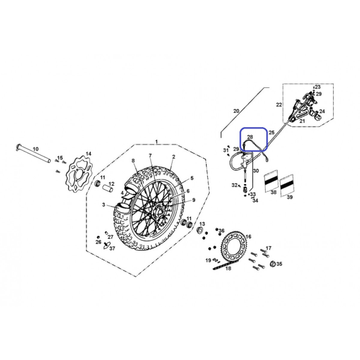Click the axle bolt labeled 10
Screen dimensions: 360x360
pos(33,153)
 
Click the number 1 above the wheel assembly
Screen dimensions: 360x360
pos(156,141)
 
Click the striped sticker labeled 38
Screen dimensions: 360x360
pos(271,181)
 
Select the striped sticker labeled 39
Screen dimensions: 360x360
pos(287,186)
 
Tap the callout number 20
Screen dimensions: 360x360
pos(236,111)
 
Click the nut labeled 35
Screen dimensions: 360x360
pos(273,264)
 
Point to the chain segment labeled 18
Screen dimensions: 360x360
pos(221,266)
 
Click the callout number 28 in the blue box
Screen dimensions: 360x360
pos(250,137)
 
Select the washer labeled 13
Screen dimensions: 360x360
pos(199,230)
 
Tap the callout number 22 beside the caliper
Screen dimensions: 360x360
pos(279,104)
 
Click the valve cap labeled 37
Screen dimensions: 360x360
pos(107,245)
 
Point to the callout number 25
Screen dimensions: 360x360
pos(272,133)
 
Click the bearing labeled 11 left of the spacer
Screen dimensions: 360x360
pos(98,183)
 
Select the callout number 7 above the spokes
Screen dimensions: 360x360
pos(150,156)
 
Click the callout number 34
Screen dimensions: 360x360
pos(256,201)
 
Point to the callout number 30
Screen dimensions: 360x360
pos(256,171)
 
